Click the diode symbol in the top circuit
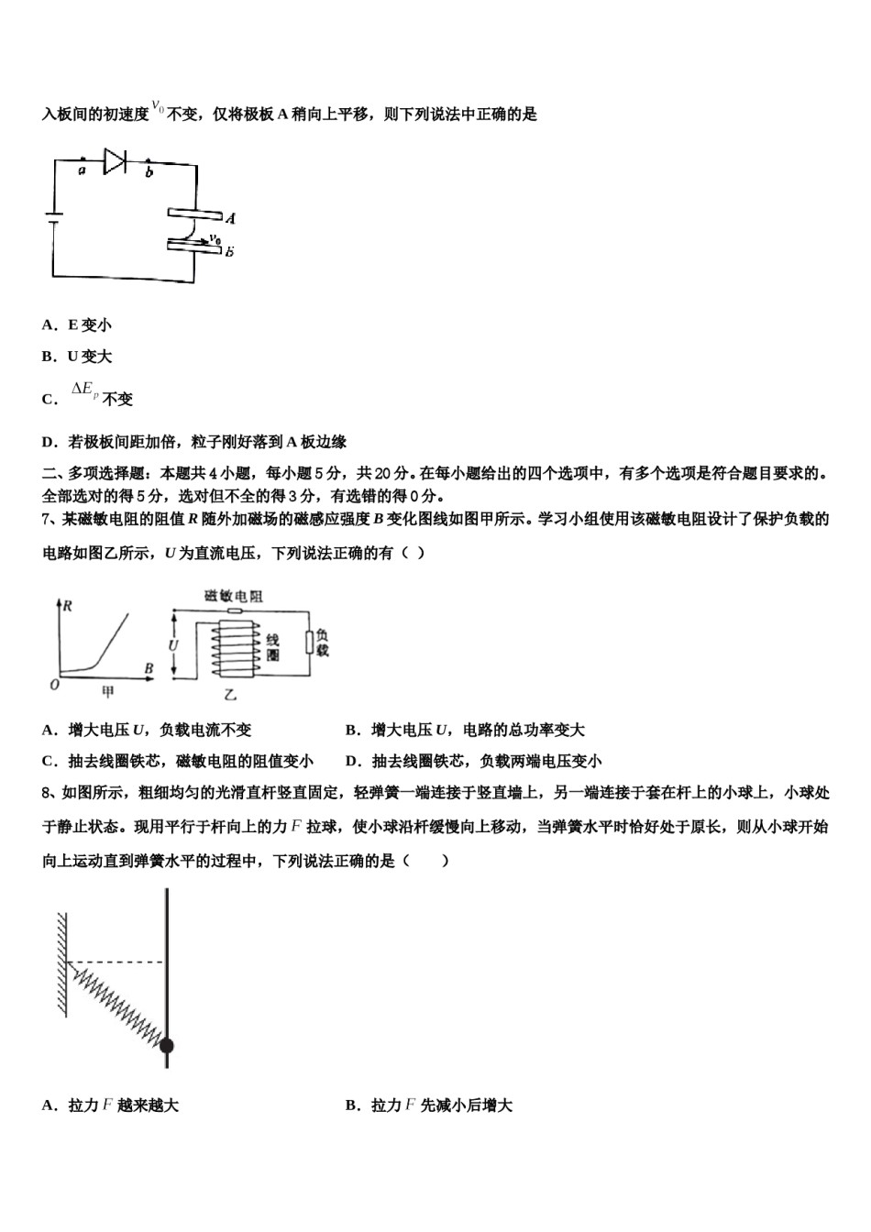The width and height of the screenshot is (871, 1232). point(115,161)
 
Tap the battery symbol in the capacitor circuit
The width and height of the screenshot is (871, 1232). point(53,219)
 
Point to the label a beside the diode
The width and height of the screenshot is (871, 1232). point(83,170)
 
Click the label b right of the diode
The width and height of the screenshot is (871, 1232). point(149,172)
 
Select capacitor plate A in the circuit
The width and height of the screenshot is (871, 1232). point(194,216)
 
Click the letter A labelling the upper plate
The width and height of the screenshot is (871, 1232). point(230,218)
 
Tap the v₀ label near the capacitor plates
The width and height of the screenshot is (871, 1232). point(215,237)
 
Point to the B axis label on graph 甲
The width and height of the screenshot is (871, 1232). point(149,668)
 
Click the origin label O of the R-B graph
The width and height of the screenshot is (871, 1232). point(54,684)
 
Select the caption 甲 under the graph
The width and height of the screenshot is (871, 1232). point(107,693)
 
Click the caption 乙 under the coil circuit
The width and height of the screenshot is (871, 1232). point(231,695)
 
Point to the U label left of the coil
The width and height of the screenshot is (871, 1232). point(174,645)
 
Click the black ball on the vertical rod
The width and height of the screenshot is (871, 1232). point(166,1045)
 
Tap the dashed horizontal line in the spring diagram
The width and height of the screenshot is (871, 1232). point(116,962)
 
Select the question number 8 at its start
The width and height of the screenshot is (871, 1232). point(47,794)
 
